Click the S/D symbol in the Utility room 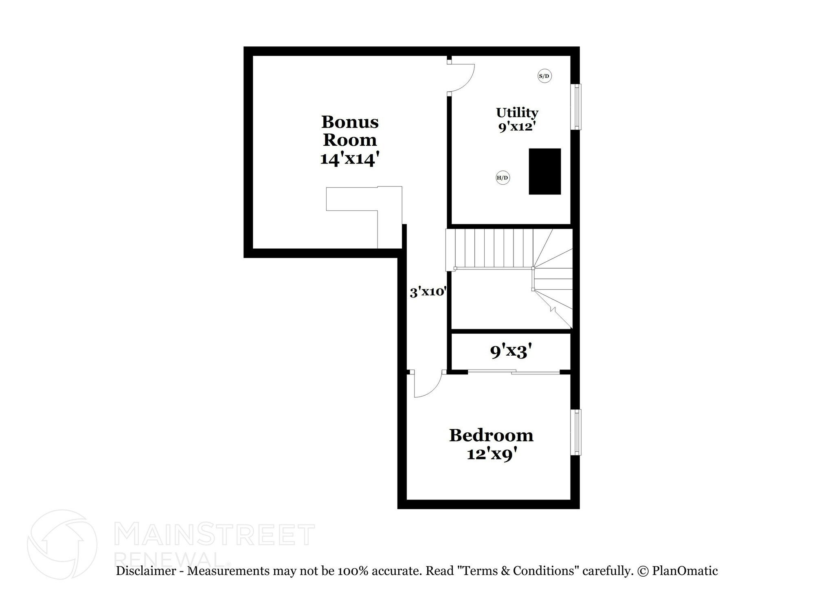click(x=544, y=76)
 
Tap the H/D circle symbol click(x=503, y=178)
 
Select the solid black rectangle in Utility click(x=544, y=171)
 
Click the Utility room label click(x=517, y=112)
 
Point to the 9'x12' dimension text click(x=516, y=127)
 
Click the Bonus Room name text click(x=350, y=131)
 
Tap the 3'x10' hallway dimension click(x=428, y=292)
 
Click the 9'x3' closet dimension click(x=511, y=351)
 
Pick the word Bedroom click(x=491, y=435)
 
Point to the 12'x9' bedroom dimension click(x=494, y=454)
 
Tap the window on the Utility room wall click(x=577, y=107)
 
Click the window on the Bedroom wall click(x=577, y=432)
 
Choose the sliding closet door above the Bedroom click(x=514, y=372)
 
